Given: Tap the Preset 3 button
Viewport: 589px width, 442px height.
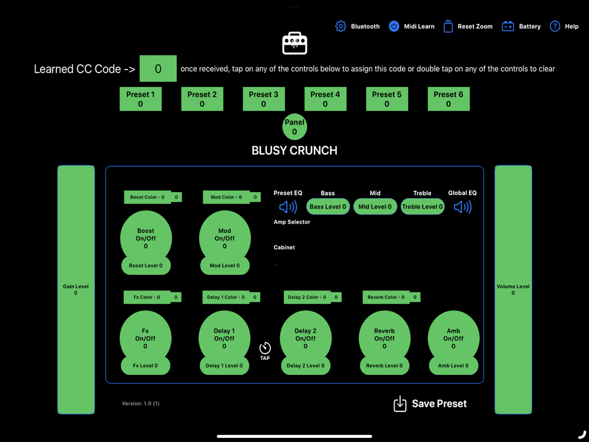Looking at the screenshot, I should coord(263,99).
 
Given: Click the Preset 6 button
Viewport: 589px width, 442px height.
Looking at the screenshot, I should coord(448,99).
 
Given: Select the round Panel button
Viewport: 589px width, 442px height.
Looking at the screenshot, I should coord(294,127).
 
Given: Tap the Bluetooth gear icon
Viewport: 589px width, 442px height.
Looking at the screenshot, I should coord(340,27).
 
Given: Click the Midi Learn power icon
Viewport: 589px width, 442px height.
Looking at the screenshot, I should coord(394,27).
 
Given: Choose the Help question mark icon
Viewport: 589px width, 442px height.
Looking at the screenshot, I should coord(555,27).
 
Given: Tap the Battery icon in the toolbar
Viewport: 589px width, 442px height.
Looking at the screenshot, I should coord(508,27).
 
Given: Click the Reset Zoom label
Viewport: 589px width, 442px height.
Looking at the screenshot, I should coord(475,27).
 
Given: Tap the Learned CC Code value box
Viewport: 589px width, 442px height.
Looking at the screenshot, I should coord(158,68).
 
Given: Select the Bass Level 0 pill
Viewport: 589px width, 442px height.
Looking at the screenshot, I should coord(328,207).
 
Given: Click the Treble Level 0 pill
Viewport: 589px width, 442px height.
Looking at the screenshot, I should coord(422,207).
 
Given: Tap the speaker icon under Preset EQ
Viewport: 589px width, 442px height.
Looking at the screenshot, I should coord(288,207).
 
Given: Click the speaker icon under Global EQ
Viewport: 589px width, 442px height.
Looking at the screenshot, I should coord(463,207).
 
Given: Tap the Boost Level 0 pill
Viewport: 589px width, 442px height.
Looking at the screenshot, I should coord(145,266).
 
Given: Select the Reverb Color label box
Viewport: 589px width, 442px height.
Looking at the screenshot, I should coord(386,297).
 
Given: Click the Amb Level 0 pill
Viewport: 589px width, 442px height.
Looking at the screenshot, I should coord(454,365).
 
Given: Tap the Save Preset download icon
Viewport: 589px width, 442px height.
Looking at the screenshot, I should coord(400,404).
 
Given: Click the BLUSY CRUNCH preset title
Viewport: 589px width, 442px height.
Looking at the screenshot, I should coord(294,150).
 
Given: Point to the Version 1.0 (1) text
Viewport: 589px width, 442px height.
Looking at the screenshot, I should coord(141,404).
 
